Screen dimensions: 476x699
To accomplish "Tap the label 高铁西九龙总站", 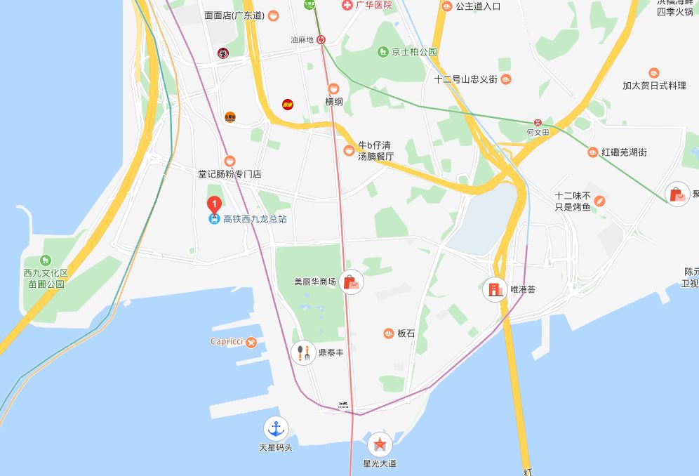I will (255, 219).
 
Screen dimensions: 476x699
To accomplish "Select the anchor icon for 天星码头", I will (275, 428).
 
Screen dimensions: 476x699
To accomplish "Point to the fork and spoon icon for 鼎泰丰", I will (302, 352).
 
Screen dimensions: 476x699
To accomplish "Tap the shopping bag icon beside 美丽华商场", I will (352, 282).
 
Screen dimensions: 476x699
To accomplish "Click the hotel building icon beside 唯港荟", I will (495, 289).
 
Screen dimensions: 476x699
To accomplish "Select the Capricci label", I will (226, 342).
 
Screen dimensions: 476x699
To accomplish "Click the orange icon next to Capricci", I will (251, 342).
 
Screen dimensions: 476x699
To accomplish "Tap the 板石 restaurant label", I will (406, 333).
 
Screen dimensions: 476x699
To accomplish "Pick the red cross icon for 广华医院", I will (346, 5).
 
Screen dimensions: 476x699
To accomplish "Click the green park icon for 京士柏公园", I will (382, 51).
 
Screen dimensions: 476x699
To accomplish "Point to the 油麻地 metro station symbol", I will (321, 40).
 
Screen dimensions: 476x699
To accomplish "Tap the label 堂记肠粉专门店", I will (229, 173).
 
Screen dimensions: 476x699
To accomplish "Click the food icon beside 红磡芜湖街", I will (593, 152).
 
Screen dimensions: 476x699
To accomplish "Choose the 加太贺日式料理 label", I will (654, 86).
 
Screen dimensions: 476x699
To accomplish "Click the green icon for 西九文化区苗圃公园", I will (46, 260).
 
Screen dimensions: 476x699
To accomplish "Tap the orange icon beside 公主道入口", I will (447, 6).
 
